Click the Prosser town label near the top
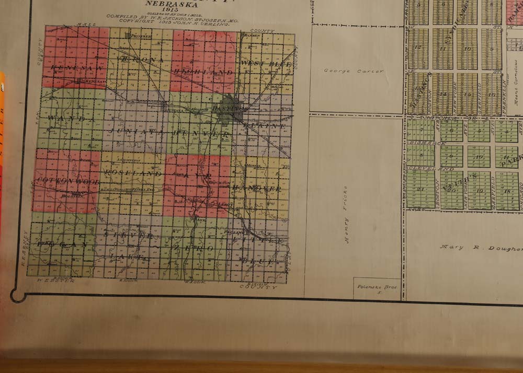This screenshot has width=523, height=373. pos(141,36)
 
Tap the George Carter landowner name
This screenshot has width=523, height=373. pos(354,71)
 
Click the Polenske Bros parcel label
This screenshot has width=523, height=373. pos(372,288)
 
